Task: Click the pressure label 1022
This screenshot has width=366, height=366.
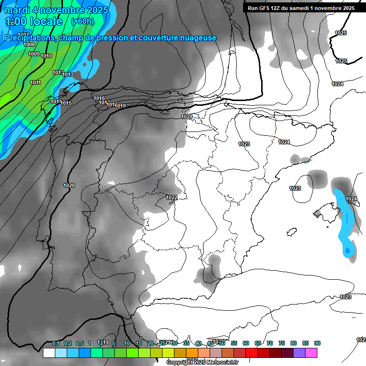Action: click(172, 197)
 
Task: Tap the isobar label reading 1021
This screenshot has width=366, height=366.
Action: click(186, 117)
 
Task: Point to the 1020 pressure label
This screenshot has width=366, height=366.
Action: click(69, 185)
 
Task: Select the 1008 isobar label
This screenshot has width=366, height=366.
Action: click(29, 44)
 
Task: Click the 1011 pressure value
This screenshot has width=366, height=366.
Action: click(35, 83)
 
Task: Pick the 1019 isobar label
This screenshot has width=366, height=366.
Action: click(120, 106)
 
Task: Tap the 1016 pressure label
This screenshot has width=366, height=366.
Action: click(99, 99)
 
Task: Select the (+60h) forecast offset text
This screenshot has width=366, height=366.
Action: click(82, 21)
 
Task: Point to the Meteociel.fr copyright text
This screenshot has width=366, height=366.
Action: click(202, 363)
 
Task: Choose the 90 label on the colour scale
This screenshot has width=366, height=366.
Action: click(317, 343)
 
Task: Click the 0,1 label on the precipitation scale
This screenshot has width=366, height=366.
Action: click(56, 343)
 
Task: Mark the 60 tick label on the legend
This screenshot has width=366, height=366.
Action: click(246, 343)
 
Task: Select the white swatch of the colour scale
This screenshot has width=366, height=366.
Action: click(49, 353)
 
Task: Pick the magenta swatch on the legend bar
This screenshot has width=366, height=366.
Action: click(311, 353)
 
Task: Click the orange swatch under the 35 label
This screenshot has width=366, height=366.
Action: click(192, 353)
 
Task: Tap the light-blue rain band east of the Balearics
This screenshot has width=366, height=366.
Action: click(346, 222)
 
